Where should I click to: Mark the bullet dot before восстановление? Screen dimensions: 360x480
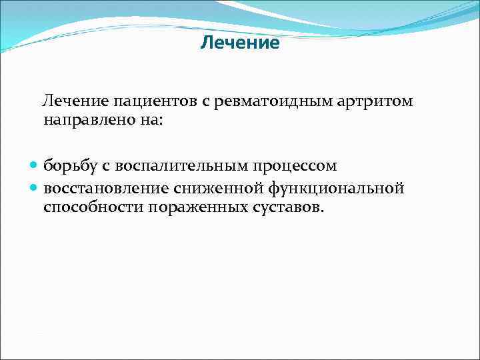point(34,189)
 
